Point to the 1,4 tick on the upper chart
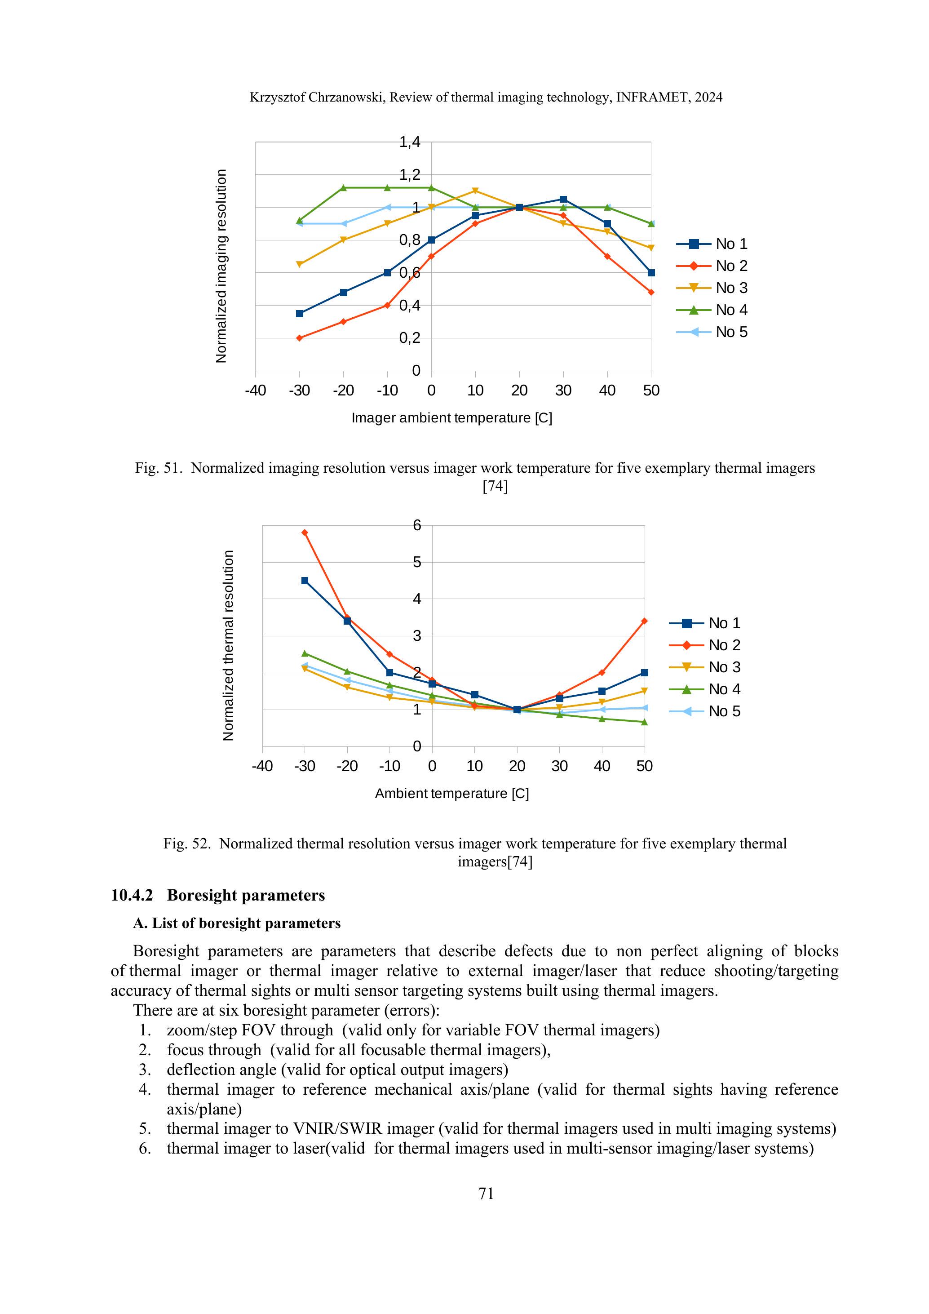410,142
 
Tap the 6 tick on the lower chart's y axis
417,525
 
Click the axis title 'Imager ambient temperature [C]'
451,418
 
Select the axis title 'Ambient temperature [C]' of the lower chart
451,794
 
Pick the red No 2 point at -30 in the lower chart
305,533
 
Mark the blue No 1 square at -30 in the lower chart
305,581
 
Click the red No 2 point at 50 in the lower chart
645,621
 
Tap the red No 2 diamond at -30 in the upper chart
299,338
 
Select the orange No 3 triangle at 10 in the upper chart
475,191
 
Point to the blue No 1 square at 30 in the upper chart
563,199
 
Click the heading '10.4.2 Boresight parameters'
218,896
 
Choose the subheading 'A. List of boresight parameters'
237,923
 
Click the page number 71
486,1194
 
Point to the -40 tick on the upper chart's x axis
255,391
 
